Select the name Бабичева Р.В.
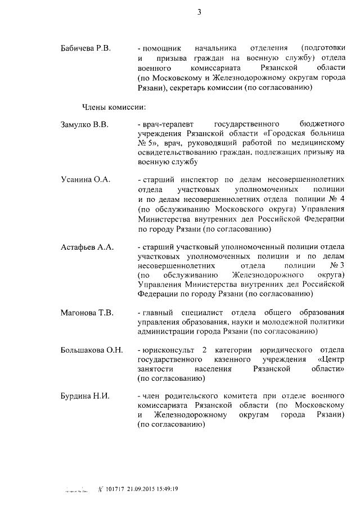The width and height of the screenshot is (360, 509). point(86,49)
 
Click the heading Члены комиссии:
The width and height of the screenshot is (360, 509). point(106,107)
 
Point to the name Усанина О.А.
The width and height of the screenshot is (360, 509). point(85,179)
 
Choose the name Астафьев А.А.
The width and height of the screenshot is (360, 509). point(87,248)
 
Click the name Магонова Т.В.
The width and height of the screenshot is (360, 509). point(87,313)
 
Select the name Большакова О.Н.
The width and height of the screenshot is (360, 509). point(91,350)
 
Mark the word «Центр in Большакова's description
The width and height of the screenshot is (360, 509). point(331,359)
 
